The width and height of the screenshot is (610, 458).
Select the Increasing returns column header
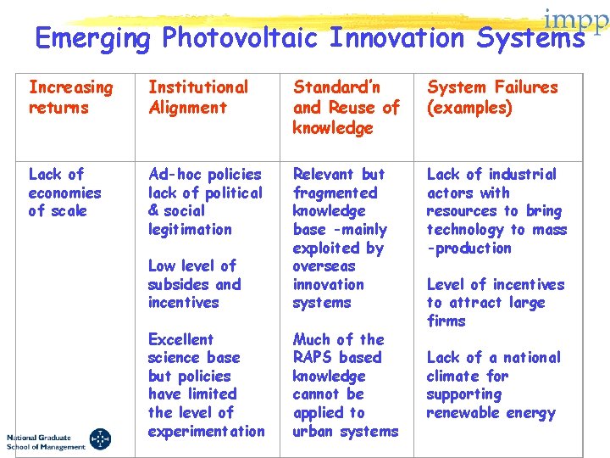70,97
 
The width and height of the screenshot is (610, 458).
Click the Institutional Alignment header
198,97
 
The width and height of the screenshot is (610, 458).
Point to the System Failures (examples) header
492,97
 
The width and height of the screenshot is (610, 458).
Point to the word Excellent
180,339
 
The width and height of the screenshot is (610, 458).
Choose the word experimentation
206,431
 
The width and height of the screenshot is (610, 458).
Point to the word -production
469,248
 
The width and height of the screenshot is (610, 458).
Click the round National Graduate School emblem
99,439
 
